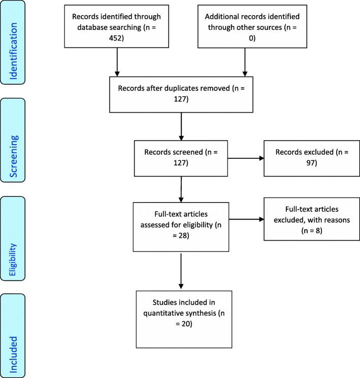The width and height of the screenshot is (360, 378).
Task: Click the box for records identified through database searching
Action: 118,27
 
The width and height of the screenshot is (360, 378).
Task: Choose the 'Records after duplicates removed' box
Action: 181,94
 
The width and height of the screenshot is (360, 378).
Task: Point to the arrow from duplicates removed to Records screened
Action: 181,126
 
